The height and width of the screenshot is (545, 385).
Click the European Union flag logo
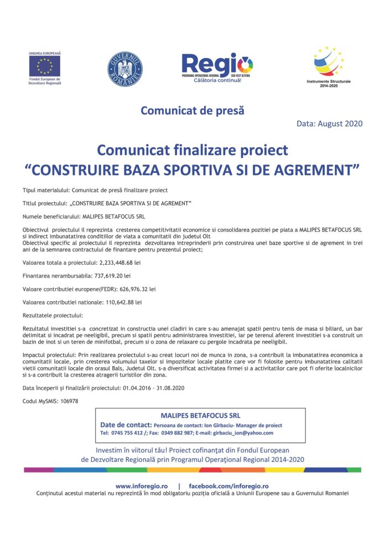click(x=45, y=66)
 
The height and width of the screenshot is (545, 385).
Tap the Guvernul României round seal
click(x=124, y=69)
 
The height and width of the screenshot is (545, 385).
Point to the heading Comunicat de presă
click(x=192, y=110)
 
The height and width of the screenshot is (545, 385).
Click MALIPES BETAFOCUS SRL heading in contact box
click(x=200, y=415)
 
